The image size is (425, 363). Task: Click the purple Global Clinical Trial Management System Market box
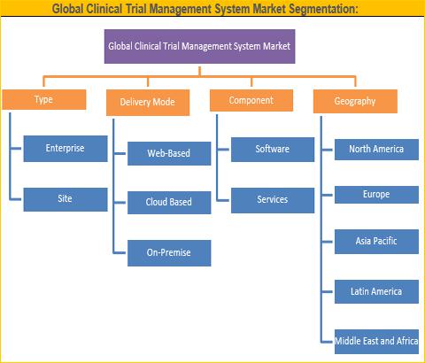click(x=200, y=46)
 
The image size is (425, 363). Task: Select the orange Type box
click(x=44, y=99)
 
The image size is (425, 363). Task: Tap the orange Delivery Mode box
click(x=148, y=103)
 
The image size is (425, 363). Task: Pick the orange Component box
click(x=251, y=101)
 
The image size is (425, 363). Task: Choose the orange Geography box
click(x=355, y=102)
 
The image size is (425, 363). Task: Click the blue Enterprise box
click(x=66, y=149)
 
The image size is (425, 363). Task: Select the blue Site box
click(x=66, y=199)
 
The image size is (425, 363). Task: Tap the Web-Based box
click(x=169, y=153)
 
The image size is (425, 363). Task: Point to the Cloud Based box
click(x=169, y=203)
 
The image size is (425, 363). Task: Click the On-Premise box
click(x=169, y=253)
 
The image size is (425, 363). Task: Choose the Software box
click(x=273, y=150)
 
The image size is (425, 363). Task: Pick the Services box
click(x=273, y=200)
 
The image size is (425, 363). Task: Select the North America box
click(x=376, y=150)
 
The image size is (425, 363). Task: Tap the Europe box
click(x=376, y=195)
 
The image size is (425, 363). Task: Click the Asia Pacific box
click(x=376, y=242)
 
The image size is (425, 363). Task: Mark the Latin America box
click(x=376, y=291)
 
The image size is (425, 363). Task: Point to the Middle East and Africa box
click(x=376, y=342)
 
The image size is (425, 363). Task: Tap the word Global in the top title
click(x=67, y=9)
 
